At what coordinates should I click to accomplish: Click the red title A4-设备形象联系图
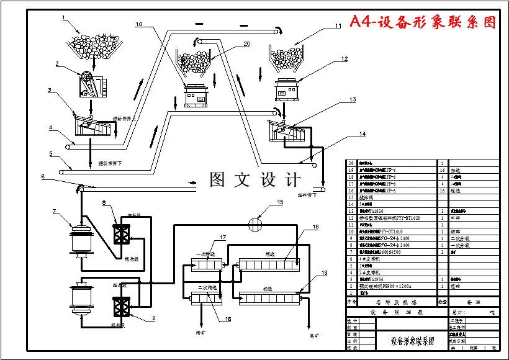click(x=423, y=22)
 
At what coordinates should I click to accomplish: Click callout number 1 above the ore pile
click(x=63, y=17)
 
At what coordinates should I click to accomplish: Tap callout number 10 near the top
click(x=138, y=24)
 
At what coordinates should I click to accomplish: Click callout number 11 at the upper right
click(x=338, y=26)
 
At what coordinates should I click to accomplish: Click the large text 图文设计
click(x=255, y=180)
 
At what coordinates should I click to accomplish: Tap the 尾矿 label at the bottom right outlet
click(x=315, y=335)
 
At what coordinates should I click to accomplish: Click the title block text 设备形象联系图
click(x=412, y=341)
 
